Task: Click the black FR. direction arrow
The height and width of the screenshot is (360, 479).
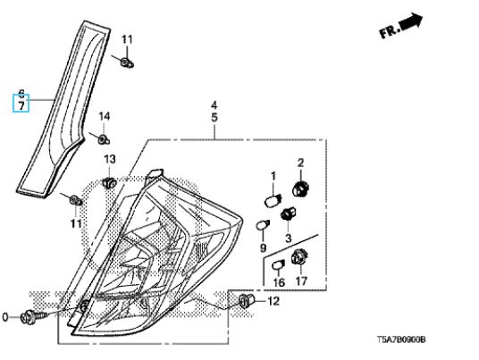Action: (411, 21)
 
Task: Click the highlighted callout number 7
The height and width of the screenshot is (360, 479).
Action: (21, 106)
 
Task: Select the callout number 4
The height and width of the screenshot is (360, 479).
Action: (214, 105)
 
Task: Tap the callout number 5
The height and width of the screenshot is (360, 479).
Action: (214, 118)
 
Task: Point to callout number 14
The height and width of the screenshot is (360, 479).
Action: (104, 116)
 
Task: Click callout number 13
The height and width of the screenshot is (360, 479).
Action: (110, 159)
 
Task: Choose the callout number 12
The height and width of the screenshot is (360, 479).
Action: (273, 301)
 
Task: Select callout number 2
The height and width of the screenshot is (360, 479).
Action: (300, 163)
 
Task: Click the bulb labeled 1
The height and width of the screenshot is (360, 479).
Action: (273, 201)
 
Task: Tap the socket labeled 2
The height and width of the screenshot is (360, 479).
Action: (300, 188)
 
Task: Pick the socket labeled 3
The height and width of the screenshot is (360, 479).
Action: (289, 214)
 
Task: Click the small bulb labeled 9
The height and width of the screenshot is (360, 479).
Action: (262, 226)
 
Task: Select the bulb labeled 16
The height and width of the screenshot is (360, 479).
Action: (278, 265)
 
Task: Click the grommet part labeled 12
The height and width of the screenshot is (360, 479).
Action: (247, 300)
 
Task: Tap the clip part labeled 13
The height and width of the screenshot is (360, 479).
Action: (109, 182)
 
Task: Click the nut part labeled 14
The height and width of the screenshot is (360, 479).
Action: (104, 140)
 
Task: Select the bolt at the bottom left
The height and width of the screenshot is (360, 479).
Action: (33, 316)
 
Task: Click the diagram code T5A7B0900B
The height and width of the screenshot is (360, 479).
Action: (400, 339)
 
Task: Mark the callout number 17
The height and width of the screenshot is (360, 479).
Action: (300, 281)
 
